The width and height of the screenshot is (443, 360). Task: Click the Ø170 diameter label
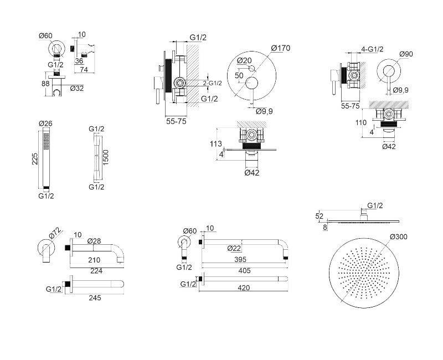click(280, 48)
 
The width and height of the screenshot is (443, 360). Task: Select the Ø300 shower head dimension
click(399, 237)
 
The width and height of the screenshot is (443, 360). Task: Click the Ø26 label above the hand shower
click(45, 124)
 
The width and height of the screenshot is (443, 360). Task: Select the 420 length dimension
click(244, 287)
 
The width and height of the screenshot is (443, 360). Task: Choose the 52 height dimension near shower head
click(318, 216)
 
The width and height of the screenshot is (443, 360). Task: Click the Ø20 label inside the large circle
click(244, 60)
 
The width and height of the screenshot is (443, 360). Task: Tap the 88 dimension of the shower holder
click(45, 84)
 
